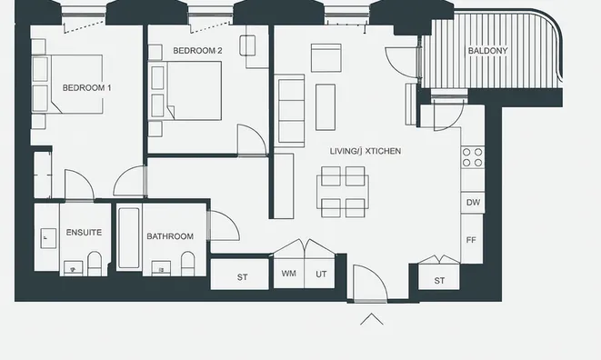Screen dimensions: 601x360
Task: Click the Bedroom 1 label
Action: pos(86,88)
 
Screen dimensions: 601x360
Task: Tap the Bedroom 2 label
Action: pos(197,51)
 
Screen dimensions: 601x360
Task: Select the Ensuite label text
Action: pos(84,233)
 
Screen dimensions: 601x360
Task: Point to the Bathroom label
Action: pos(170,236)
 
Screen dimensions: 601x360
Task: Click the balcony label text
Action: pos(487,51)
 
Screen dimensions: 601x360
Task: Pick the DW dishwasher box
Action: pos(473,202)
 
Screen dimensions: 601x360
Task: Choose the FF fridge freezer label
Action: pos(471,240)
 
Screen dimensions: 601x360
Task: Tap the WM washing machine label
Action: pos(288,274)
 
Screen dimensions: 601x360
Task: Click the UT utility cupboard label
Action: pos(321,275)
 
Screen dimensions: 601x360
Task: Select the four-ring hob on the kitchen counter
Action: pos(473,157)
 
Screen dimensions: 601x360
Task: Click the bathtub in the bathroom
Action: pos(129,238)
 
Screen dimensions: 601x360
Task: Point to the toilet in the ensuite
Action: pos(95,264)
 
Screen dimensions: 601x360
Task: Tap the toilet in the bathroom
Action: pos(187,264)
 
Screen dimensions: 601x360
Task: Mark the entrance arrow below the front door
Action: pos(371,318)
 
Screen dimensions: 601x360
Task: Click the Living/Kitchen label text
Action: pos(366,151)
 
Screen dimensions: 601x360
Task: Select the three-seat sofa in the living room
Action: pos(290,111)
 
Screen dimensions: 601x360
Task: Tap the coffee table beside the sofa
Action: pos(326,107)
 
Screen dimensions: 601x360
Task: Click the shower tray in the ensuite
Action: pos(46,237)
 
